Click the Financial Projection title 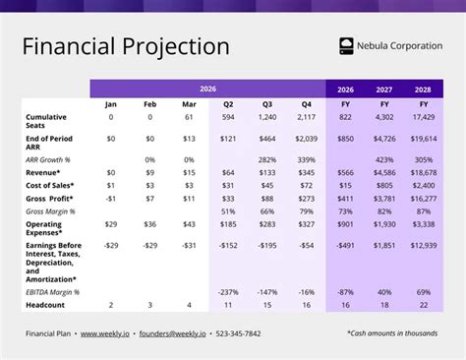click(126, 46)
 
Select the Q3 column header click(266, 103)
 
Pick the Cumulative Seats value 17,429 click(424, 117)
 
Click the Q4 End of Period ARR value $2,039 click(305, 140)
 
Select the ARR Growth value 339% click(306, 158)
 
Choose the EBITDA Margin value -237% click(228, 292)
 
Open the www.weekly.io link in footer click(107, 333)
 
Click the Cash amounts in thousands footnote click(392, 333)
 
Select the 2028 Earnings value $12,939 click(424, 245)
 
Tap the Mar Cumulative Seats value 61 click(189, 117)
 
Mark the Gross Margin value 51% click(228, 211)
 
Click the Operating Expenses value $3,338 click(424, 225)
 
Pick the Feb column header click(149, 103)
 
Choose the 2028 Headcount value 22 click(424, 305)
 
